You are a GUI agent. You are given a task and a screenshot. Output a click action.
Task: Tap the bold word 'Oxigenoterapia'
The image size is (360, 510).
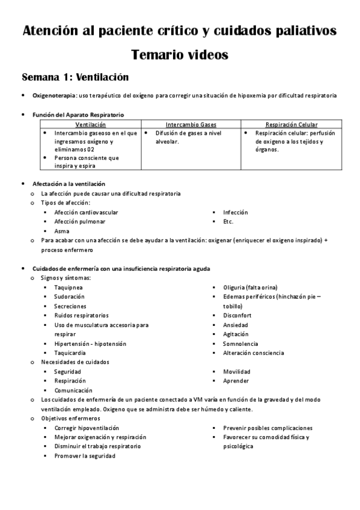(54, 95)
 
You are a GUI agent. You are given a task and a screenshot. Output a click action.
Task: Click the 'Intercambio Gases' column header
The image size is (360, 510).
(191, 124)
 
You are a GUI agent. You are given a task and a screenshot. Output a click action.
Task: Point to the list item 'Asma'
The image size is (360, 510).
(61, 231)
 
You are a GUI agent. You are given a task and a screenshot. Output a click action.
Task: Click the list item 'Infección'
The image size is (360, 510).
(235, 212)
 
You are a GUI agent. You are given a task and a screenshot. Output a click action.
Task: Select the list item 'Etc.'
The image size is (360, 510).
(228, 221)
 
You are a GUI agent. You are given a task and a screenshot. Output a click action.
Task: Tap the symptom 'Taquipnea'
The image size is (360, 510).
(69, 287)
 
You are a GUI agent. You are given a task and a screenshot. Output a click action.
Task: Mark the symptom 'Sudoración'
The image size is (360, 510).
(69, 297)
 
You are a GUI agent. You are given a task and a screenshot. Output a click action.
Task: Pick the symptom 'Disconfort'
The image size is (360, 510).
(237, 316)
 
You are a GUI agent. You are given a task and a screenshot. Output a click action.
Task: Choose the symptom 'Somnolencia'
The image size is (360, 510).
(240, 343)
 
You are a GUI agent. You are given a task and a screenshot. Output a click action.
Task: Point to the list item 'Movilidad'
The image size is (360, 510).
(236, 372)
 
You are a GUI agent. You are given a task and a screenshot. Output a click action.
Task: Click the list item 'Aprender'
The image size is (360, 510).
(236, 381)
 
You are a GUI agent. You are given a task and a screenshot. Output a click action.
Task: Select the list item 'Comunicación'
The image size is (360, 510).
(73, 390)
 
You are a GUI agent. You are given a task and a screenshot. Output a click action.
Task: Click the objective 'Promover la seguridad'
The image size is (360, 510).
(84, 456)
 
